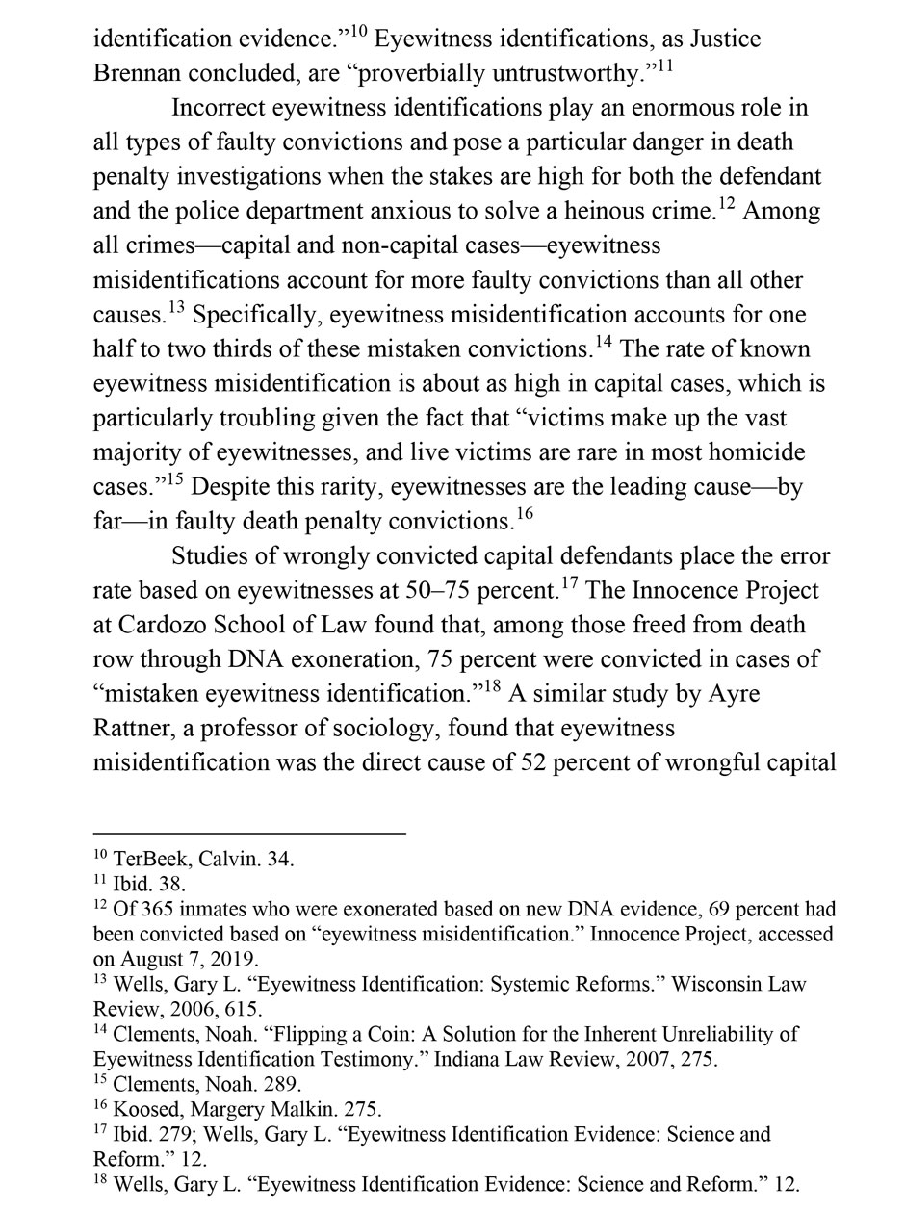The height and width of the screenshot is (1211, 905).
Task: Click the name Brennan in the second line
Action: (x=139, y=74)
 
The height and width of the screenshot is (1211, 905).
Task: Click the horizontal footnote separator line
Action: (x=249, y=834)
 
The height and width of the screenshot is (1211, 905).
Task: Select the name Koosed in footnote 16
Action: (x=143, y=1109)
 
